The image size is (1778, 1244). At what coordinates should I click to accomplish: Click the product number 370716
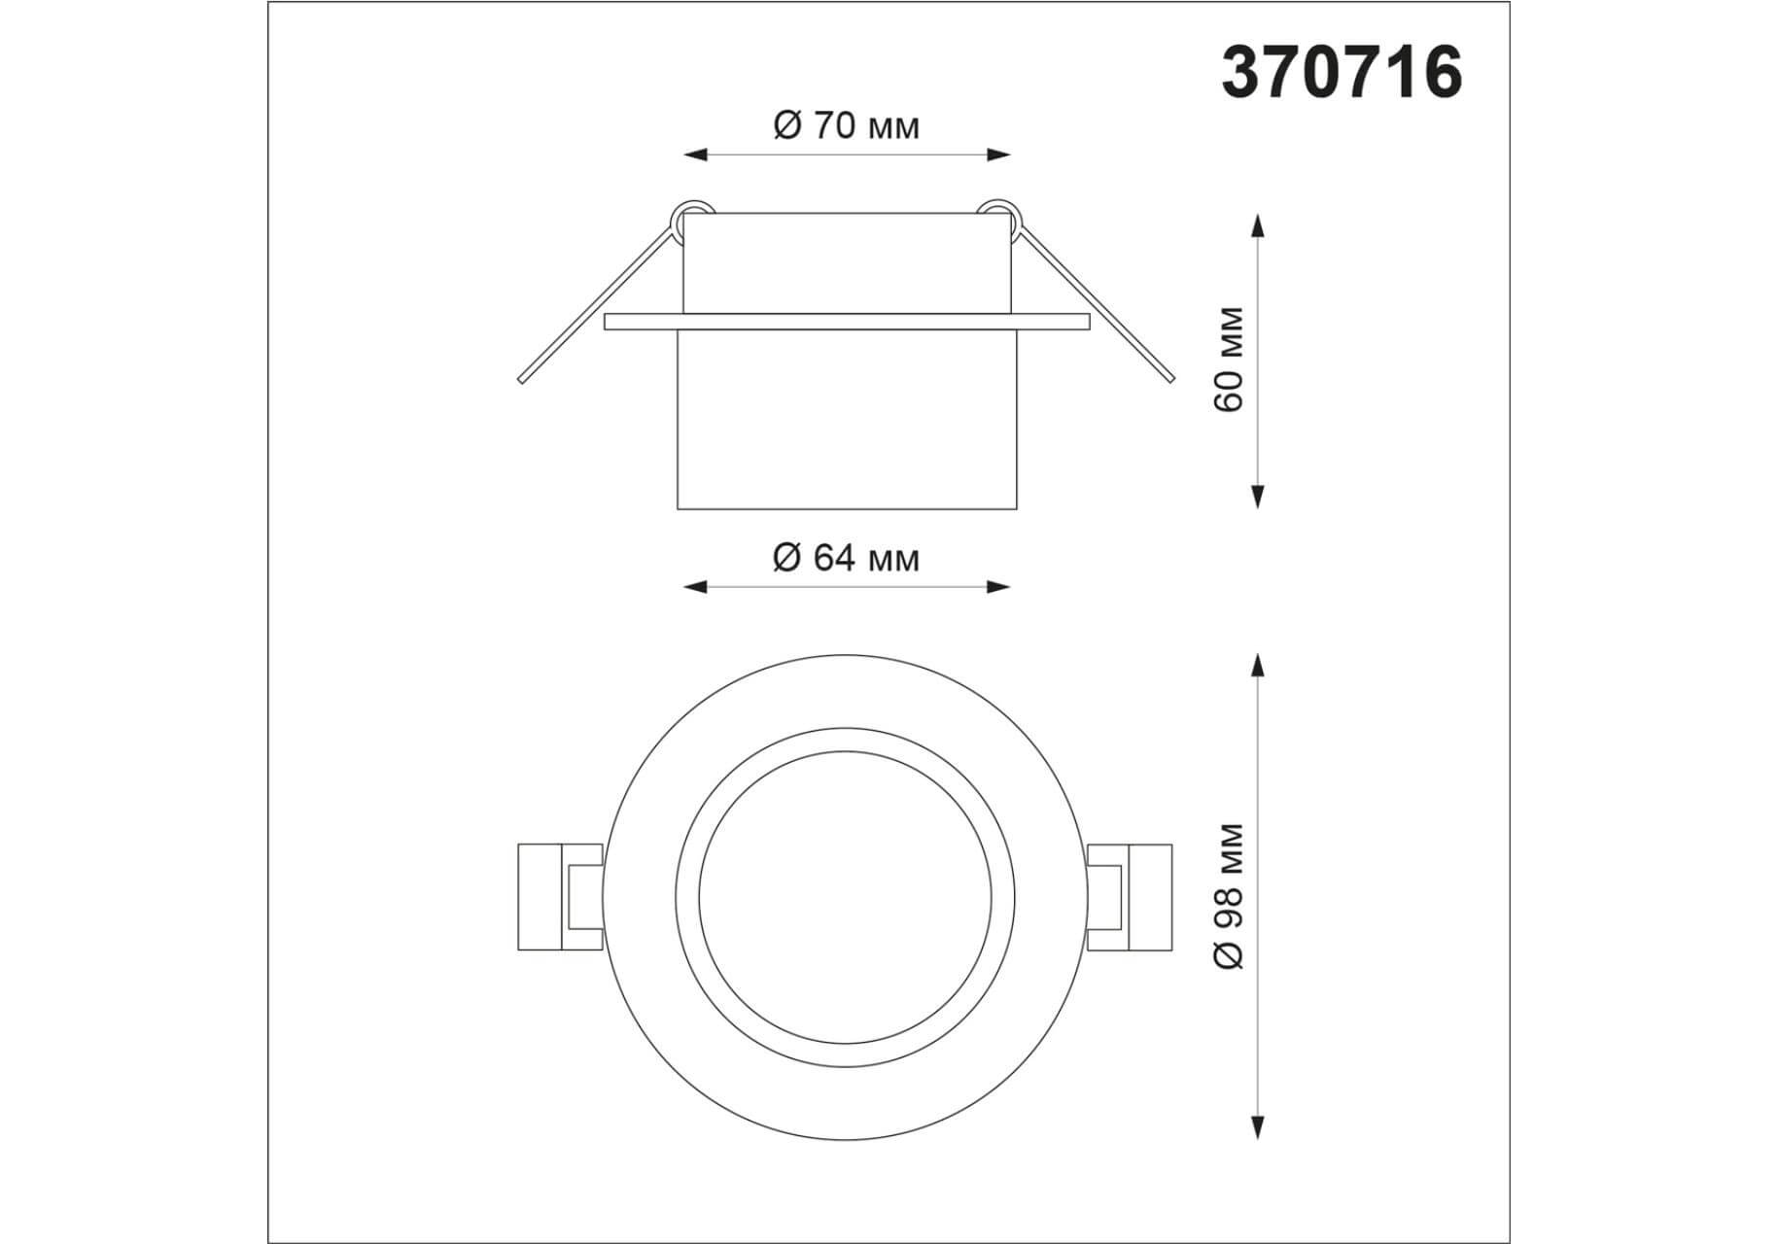pyautogui.click(x=1342, y=72)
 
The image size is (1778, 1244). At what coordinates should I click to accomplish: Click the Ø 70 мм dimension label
pyautogui.click(x=846, y=125)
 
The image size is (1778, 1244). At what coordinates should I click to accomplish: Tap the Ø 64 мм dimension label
pyautogui.click(x=846, y=558)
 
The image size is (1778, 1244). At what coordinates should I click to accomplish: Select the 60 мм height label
pyautogui.click(x=1229, y=359)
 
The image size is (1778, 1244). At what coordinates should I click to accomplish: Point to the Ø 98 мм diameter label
pyautogui.click(x=1229, y=895)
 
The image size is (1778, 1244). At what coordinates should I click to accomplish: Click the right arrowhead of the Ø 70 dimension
pyautogui.click(x=998, y=154)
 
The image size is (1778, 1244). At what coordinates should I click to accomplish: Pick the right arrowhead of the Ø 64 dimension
pyautogui.click(x=998, y=586)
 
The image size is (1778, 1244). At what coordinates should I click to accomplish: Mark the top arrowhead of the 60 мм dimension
pyautogui.click(x=1258, y=225)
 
